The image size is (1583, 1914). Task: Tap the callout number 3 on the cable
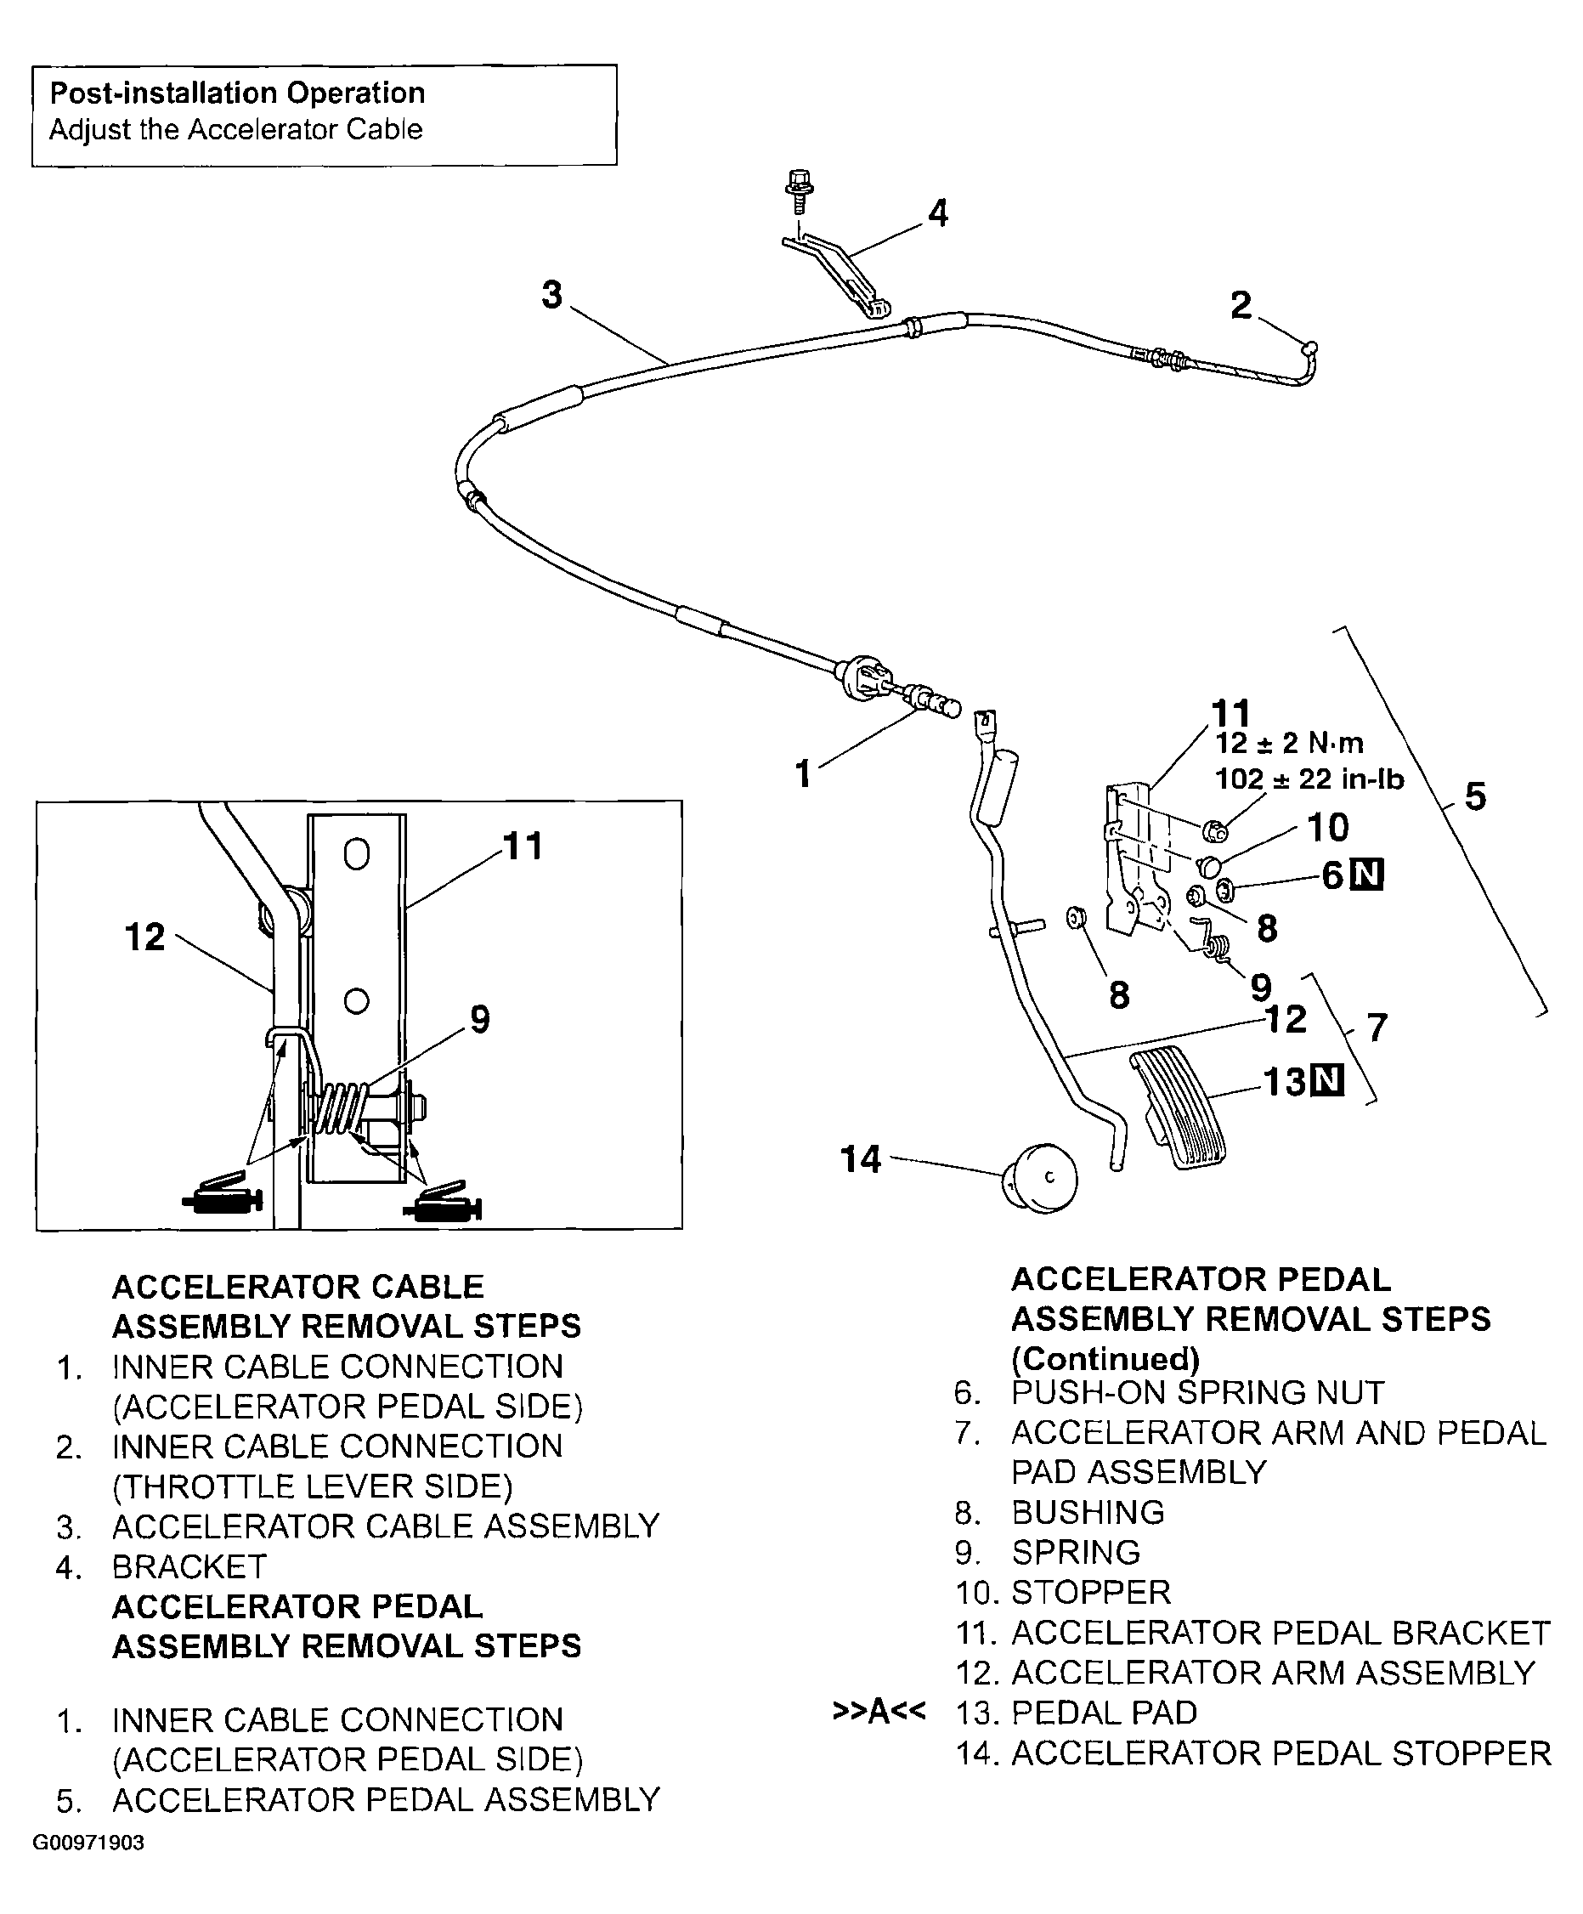pos(551,295)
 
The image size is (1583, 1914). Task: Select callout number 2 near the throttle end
pos(1241,306)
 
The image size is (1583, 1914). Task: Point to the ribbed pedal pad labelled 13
pos(1177,1108)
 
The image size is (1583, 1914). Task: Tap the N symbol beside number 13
pos(1327,1082)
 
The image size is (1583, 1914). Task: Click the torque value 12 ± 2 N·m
pos(1289,744)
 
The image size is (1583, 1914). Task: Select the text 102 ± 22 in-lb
pos(1309,779)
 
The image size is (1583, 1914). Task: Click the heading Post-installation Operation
pos(237,93)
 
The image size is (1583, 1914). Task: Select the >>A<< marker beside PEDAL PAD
pos(879,1712)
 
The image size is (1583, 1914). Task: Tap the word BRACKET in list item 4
pos(189,1566)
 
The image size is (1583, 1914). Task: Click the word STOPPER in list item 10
pos(1090,1592)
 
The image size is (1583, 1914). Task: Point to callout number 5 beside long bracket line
pos(1474,796)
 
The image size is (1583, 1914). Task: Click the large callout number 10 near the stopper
pos(1328,828)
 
